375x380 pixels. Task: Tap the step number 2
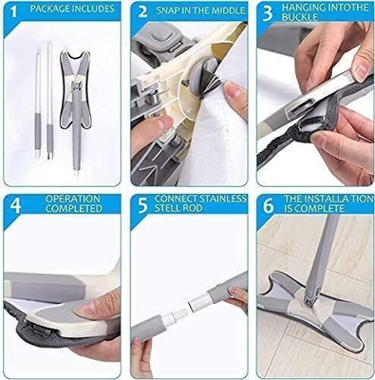pos(141,12)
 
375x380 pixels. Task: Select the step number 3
pos(269,12)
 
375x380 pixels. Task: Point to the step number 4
pos(14,205)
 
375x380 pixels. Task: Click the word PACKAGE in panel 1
pos(51,9)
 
